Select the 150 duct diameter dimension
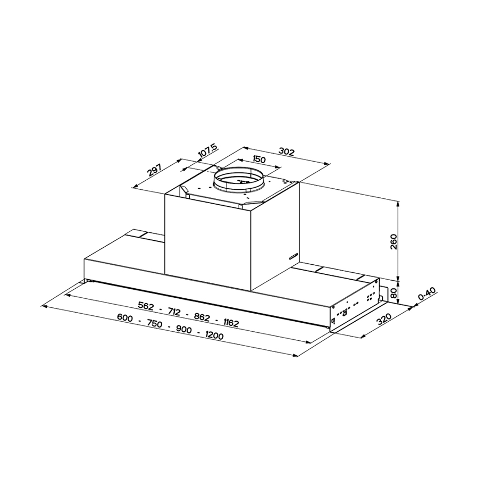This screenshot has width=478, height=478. [259, 160]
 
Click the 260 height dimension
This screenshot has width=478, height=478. [406, 242]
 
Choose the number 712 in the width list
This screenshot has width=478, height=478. [175, 311]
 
